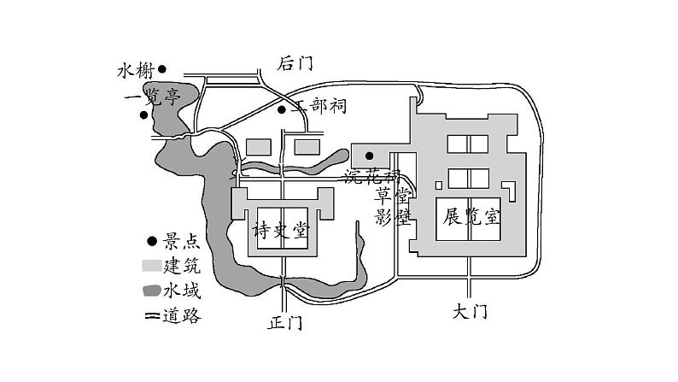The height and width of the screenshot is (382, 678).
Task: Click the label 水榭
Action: [x=134, y=71]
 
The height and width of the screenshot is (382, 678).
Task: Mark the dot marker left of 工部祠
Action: [x=282, y=109]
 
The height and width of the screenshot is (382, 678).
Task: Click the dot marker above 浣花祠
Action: [x=369, y=156]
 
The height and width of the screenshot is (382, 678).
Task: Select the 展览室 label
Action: [x=471, y=216]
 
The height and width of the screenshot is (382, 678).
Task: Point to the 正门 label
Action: [x=285, y=323]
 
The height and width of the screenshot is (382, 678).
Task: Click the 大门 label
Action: [x=469, y=313]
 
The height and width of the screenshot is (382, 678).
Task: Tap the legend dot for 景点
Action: [x=152, y=242]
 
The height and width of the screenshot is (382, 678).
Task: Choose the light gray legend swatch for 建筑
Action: [x=151, y=266]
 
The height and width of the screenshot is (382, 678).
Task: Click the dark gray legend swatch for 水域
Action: [x=152, y=290]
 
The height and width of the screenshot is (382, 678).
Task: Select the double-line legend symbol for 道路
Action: [x=152, y=315]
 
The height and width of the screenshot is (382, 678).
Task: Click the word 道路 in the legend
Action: [x=183, y=315]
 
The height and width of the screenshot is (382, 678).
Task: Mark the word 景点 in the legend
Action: [x=182, y=242]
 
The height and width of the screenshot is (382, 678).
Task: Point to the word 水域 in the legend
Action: [x=182, y=290]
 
